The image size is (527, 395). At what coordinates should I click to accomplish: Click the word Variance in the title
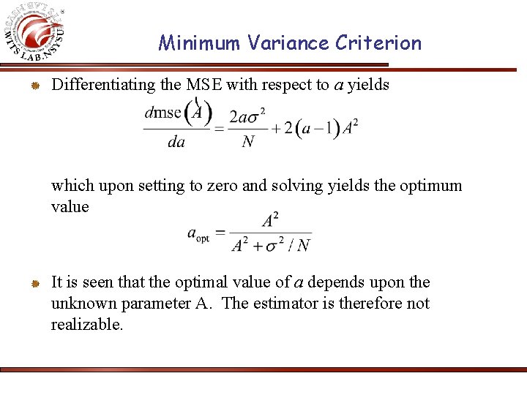(289, 43)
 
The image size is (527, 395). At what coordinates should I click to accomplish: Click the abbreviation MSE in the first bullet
(204, 85)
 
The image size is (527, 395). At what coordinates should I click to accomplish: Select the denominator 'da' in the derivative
(176, 141)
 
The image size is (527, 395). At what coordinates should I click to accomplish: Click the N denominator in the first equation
(248, 141)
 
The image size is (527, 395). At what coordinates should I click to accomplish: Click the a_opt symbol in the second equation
(198, 234)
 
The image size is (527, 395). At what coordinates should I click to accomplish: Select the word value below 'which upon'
(70, 206)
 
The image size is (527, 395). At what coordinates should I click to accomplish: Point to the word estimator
(283, 304)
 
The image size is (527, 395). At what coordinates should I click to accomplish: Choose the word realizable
(87, 324)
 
